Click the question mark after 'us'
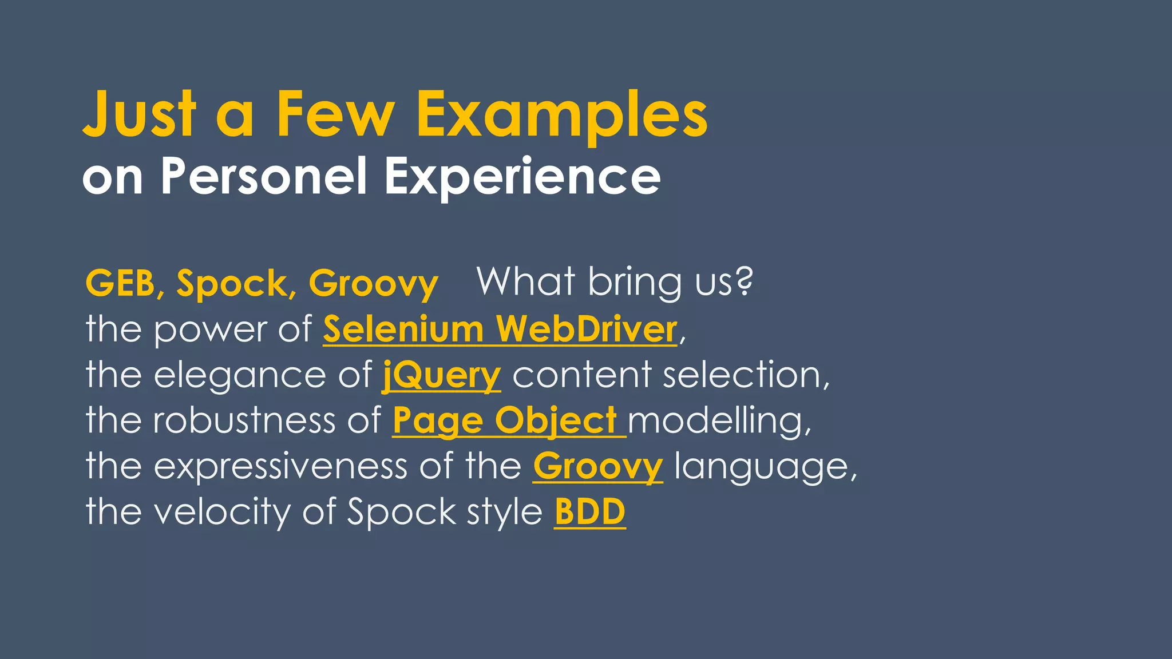743,281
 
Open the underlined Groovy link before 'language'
598,466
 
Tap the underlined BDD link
590,511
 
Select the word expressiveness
280,466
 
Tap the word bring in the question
635,283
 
